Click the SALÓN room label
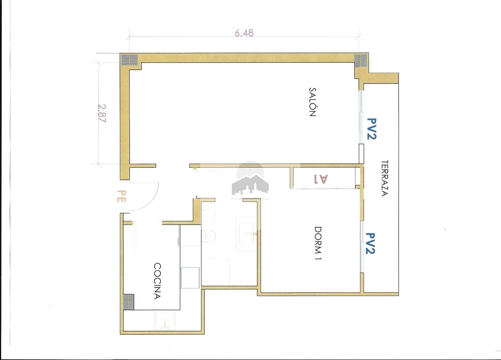(312, 102)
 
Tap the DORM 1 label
(318, 243)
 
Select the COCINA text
(157, 281)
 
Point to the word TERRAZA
(384, 178)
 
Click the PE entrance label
(121, 196)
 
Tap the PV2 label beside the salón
(372, 129)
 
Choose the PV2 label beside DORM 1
(370, 243)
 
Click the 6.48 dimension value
(244, 33)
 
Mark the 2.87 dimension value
(102, 114)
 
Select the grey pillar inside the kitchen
(129, 302)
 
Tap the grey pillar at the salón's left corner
(129, 60)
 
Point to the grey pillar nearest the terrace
(361, 61)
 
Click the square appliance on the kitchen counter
(190, 278)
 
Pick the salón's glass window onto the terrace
(360, 117)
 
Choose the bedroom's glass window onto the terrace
(361, 247)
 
